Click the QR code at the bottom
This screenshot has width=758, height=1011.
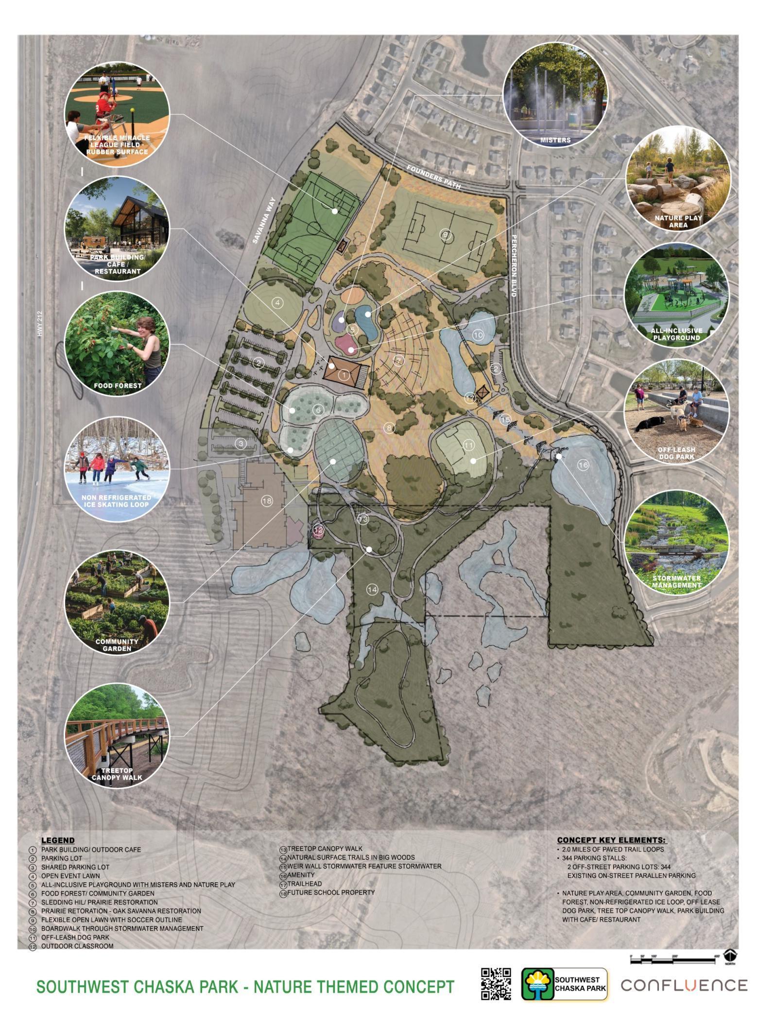pos(496,984)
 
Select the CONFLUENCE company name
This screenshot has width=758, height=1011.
pos(684,985)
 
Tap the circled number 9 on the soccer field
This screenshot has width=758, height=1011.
pos(446,235)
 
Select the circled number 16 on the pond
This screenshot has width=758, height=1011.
pos(583,465)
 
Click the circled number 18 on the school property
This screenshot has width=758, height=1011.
pos(266,501)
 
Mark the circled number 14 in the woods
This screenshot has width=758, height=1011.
pos(372,590)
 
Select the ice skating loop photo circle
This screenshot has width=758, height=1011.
pos(117,469)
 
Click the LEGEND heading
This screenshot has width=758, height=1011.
pos(58,840)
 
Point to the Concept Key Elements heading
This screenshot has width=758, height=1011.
pos(611,840)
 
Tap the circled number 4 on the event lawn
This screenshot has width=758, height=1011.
pos(277,303)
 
